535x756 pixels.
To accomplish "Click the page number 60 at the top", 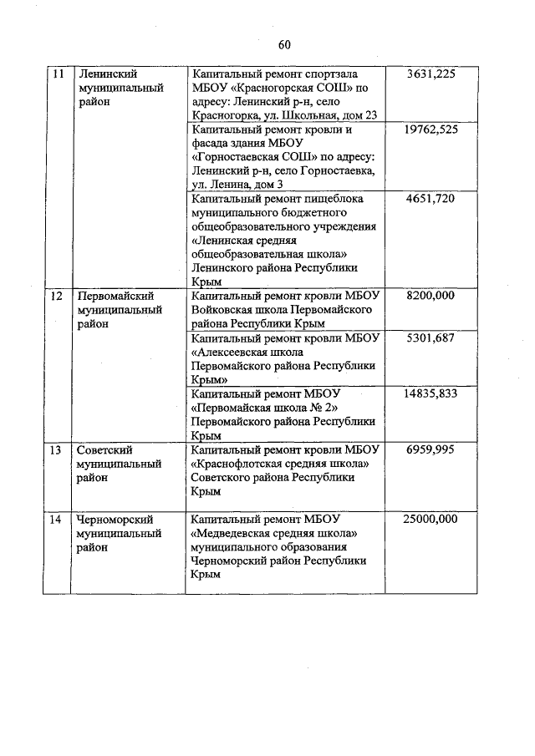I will pos(284,44).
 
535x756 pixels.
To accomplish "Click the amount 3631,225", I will pos(431,74).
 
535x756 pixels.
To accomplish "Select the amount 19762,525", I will pos(430,130).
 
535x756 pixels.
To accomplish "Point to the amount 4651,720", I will pos(431,199).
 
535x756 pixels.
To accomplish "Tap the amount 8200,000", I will pos(431,296).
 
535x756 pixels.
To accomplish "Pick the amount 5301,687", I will pos(431,338).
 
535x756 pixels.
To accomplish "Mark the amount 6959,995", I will pos(431,449).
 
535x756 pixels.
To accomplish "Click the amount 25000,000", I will pos(430,519).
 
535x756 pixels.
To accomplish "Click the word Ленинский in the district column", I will pos(106,74).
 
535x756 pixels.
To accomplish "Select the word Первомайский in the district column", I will pos(113,296).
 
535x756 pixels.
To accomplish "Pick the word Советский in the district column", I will pos(104,449).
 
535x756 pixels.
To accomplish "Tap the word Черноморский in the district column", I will pos(115,519).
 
